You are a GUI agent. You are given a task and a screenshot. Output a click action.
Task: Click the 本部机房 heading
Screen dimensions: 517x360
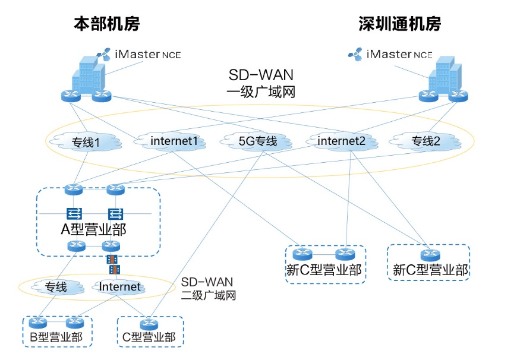pos(107,24)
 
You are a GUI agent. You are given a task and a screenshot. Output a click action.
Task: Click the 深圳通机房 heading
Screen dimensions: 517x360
pos(399,24)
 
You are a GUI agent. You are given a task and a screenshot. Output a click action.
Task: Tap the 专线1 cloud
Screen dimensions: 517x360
pos(86,142)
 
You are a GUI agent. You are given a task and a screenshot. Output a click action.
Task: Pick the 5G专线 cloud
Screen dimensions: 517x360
pos(257,141)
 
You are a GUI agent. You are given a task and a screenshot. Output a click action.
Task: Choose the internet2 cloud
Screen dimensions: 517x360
pos(342,141)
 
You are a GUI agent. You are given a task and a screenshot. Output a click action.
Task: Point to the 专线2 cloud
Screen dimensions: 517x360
pos(425,141)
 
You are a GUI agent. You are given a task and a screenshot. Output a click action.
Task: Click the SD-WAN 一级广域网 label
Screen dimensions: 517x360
pos(261,83)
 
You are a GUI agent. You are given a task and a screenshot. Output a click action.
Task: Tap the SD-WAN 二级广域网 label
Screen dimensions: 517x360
pos(209,289)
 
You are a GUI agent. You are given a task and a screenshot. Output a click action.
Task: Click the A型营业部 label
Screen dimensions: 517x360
pos(94,229)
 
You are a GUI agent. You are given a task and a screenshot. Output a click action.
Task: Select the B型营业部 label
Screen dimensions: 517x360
pos(56,337)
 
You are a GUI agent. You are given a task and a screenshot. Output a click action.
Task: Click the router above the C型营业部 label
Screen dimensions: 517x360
pos(149,324)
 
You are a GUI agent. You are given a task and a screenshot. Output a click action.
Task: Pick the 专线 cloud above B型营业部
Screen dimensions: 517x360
pos(56,287)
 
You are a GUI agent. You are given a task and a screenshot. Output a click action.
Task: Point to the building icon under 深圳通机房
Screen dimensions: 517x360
pos(445,75)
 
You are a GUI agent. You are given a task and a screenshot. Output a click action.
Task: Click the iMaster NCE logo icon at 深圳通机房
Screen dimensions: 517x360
pos(355,55)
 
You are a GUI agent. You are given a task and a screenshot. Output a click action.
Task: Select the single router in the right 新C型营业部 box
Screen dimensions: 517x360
pos(430,255)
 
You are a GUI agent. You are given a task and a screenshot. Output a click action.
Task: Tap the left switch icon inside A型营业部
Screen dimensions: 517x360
pos(74,214)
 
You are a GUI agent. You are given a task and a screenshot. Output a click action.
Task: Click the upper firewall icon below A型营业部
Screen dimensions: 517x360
pos(112,260)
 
